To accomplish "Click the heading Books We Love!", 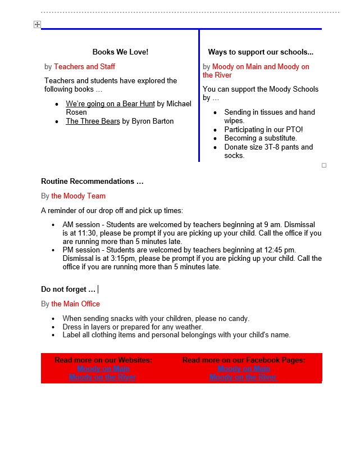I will [120, 52].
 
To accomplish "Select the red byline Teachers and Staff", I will [84, 67].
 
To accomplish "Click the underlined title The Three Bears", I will [93, 121].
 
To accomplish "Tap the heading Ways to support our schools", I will [261, 52].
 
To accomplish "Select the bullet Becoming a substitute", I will [261, 138].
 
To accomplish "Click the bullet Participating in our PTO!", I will [263, 130].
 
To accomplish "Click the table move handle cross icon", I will [37, 25].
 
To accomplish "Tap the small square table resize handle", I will [324, 165].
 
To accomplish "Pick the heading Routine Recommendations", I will [92, 182].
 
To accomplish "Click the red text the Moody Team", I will [78, 196].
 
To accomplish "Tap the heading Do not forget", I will [68, 290].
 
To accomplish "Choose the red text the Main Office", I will [75, 304].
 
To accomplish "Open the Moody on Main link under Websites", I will [103, 369].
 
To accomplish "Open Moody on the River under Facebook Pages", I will [243, 377].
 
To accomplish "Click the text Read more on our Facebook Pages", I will [244, 360].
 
